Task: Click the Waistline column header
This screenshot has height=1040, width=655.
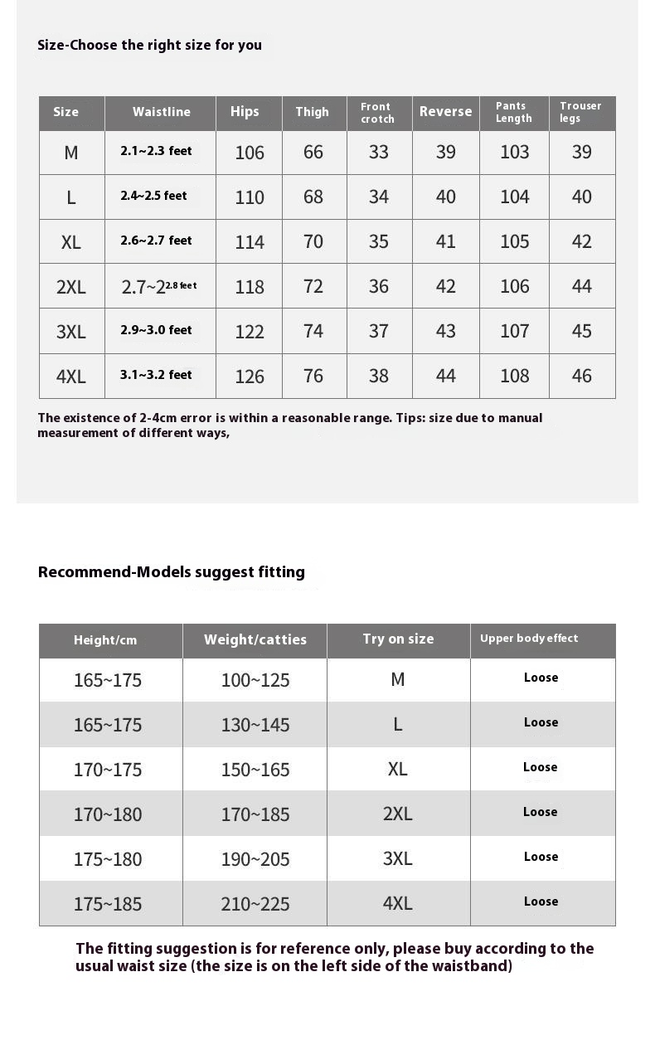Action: click(161, 112)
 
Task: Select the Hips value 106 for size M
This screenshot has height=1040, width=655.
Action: click(249, 153)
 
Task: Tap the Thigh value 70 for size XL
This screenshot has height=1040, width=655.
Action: click(313, 241)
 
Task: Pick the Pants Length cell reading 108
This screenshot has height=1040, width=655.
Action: click(514, 376)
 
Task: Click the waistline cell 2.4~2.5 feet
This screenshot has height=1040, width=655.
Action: click(154, 197)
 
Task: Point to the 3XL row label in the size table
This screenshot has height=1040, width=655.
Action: click(71, 332)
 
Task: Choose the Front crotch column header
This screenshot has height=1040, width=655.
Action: click(377, 113)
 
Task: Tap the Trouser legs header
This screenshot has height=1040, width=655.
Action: click(580, 112)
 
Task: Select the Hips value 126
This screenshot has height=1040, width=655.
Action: click(249, 377)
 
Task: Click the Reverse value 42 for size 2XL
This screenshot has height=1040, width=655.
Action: click(445, 286)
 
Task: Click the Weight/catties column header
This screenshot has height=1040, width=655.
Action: click(255, 639)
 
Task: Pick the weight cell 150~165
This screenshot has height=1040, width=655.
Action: click(255, 770)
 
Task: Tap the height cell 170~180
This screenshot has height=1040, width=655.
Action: click(108, 814)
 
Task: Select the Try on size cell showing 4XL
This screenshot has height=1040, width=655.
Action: click(398, 903)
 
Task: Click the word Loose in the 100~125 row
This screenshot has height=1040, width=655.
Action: click(541, 678)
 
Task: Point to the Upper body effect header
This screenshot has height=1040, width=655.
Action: click(529, 638)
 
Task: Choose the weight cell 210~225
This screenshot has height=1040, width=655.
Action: click(255, 904)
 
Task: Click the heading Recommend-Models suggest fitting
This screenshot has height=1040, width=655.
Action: click(172, 571)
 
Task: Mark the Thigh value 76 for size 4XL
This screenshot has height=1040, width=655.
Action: click(313, 376)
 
